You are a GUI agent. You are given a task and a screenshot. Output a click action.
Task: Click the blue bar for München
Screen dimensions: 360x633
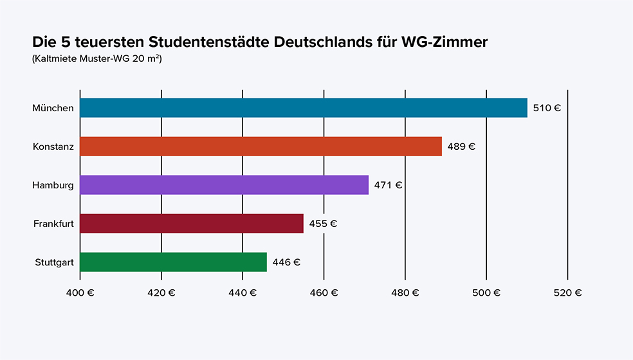303,108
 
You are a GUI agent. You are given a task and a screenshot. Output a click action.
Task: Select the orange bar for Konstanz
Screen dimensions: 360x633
261,147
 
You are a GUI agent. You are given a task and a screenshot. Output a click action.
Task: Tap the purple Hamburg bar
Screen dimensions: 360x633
224,185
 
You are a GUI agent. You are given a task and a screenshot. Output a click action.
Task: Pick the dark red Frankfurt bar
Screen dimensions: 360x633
191,224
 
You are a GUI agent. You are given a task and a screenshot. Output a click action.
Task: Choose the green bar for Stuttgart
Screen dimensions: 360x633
173,262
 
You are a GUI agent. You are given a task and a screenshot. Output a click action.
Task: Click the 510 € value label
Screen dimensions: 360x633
547,108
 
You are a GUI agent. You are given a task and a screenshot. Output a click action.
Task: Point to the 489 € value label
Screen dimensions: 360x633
461,147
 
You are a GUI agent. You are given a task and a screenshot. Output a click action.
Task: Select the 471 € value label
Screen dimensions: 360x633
388,185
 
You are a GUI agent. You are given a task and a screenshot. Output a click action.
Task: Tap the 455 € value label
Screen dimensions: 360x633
323,224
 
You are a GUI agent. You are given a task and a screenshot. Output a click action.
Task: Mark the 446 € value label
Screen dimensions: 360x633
286,262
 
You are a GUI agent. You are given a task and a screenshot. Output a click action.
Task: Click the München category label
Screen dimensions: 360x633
53,108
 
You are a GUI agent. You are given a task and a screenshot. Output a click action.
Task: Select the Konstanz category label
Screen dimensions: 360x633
53,147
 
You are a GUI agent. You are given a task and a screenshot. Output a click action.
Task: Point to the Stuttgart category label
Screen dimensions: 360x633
54,262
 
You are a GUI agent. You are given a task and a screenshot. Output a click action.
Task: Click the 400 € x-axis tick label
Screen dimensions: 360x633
80,292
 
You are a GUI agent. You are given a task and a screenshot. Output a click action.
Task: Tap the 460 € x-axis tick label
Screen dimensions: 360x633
324,292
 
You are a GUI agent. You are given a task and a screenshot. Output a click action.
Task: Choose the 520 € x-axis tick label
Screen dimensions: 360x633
567,292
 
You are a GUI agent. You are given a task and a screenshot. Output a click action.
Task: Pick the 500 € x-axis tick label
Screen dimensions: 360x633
486,292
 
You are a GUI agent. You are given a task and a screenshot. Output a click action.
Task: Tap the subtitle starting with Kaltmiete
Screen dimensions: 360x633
96,59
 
